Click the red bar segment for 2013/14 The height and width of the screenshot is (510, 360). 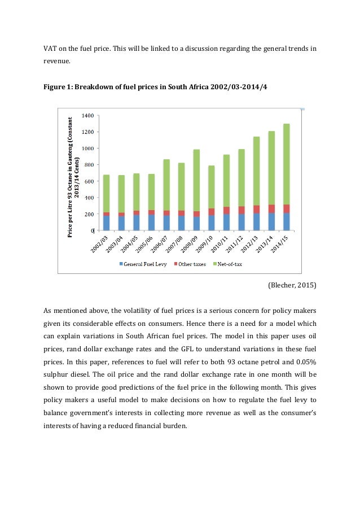271,208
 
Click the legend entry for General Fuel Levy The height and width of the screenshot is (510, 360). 144,264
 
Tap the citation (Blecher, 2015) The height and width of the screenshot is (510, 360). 292,286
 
